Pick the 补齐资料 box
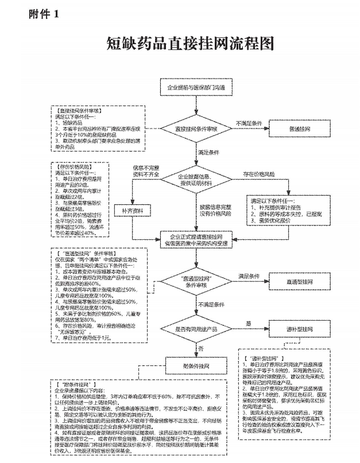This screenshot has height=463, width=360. tap(132, 211)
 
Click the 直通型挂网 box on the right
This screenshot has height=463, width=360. tap(299, 282)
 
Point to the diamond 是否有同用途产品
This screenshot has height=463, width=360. tap(196, 329)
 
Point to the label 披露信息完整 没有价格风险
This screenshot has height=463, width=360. tap(215, 209)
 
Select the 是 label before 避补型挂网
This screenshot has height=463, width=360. tap(248, 324)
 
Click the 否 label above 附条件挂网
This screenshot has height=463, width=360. tap(201, 348)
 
